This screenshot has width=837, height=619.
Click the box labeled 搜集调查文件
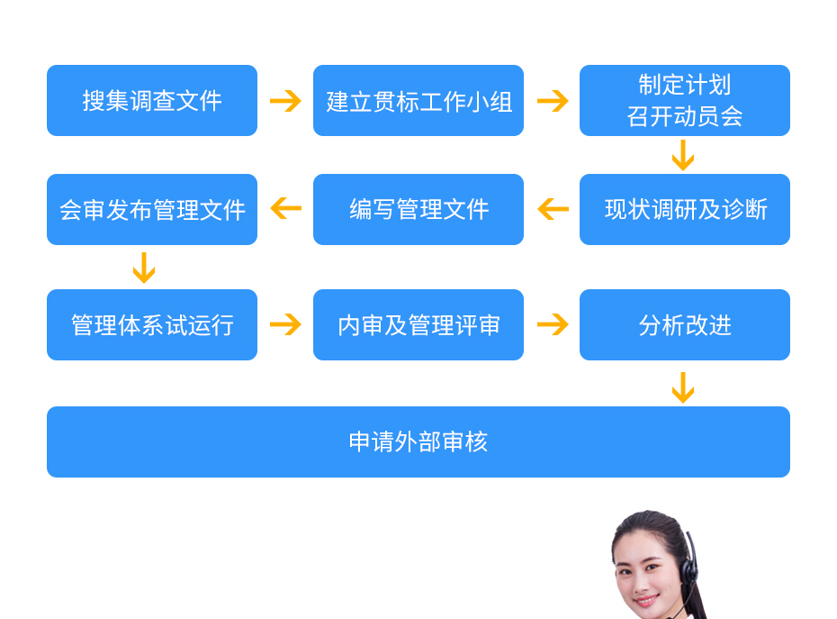pos(152,101)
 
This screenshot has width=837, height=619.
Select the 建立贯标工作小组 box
pos(418,101)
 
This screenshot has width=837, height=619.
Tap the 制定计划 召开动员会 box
pos(685,101)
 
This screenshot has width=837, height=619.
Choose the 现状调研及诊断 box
pos(685,210)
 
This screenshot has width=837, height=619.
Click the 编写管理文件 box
pos(418,210)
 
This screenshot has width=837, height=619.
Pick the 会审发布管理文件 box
pos(152,210)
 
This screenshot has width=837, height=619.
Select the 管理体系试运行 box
pos(152,325)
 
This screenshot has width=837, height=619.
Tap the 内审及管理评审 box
pos(418,325)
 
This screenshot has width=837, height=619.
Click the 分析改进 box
pos(685,325)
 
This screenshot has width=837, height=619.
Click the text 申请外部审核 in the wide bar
pos(418,442)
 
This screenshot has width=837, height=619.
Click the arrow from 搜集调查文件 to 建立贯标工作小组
pos(285,101)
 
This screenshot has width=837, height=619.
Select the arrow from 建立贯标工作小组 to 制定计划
pos(552,101)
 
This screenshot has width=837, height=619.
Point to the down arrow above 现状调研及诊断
pos(683,156)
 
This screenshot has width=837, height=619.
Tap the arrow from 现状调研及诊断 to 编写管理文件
pos(553,209)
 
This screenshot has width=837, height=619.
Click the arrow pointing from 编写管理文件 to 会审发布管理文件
pos(285,209)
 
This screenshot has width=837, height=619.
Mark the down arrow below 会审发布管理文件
pos(143,269)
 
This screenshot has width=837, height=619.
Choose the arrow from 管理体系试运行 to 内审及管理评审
pos(285,324)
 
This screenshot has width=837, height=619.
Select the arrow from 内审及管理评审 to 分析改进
pos(552,324)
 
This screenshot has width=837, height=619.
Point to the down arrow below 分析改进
pos(683,387)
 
